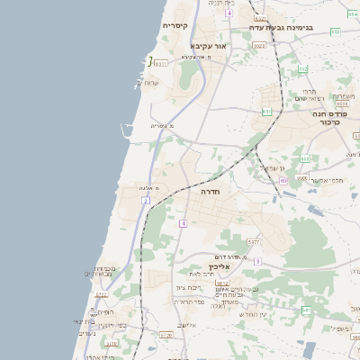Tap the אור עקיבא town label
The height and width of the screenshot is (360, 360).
(x=210, y=45)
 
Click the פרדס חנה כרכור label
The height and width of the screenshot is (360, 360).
(x=330, y=116)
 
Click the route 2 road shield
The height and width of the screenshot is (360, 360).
(x=145, y=201)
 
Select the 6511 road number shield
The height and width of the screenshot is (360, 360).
(x=161, y=64)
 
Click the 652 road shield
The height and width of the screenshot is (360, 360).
(x=303, y=68)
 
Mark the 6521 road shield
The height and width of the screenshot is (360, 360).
(x=260, y=17)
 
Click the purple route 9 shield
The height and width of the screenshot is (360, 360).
(x=256, y=261)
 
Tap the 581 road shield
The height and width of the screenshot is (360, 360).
(x=306, y=310)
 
